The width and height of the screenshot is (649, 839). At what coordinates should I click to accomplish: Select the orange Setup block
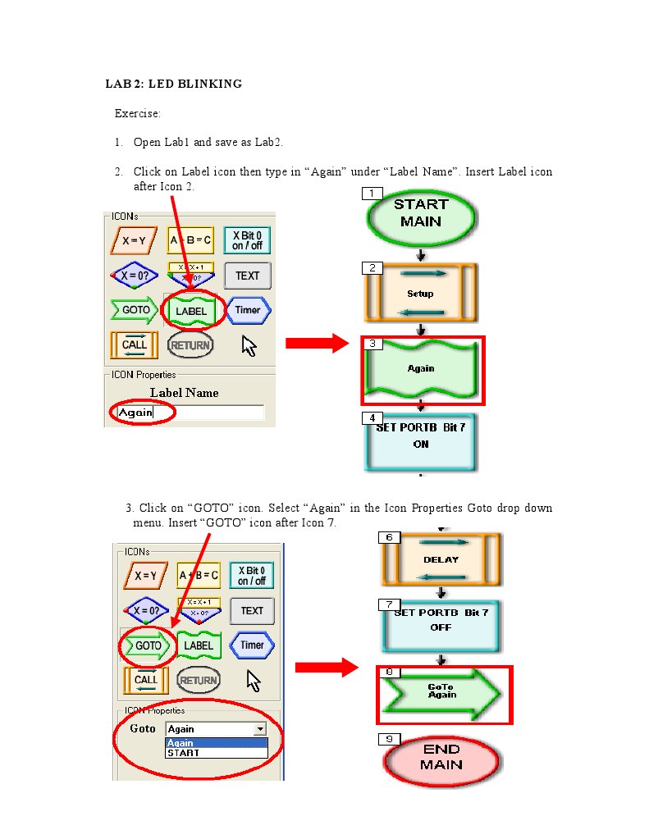[x=420, y=293]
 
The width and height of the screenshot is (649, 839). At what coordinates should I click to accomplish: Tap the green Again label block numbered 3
[x=422, y=370]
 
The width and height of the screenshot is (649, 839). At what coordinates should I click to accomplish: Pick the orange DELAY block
[x=441, y=559]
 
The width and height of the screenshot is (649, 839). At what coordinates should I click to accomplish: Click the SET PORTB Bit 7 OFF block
[x=441, y=626]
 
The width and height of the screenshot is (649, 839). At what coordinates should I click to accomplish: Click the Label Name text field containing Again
[x=189, y=413]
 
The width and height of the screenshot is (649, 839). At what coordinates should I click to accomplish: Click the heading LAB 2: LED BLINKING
[x=174, y=84]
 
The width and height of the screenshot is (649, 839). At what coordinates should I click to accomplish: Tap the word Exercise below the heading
[x=137, y=113]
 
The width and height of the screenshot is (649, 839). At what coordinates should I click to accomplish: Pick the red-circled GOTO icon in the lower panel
[x=149, y=646]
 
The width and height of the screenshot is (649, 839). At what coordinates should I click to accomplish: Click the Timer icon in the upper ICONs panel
[x=248, y=310]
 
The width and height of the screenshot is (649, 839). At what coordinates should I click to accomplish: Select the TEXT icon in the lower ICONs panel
[x=252, y=611]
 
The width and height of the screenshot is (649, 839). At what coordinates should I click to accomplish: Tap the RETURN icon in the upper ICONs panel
[x=190, y=345]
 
